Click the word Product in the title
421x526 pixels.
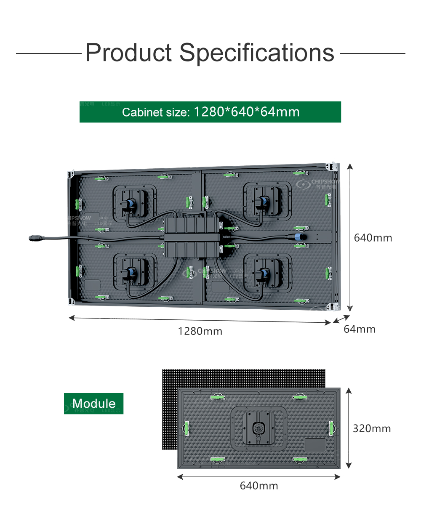[x=129, y=53]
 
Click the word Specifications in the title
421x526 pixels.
[x=257, y=54]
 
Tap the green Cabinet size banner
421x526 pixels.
[x=210, y=112]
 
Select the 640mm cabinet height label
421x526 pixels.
[x=373, y=238]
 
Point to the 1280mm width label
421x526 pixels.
[x=200, y=331]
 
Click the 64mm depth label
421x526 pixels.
[x=360, y=329]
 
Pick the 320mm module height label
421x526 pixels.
[x=372, y=428]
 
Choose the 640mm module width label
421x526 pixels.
[x=259, y=486]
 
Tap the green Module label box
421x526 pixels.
[x=93, y=404]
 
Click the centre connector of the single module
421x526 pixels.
[x=258, y=428]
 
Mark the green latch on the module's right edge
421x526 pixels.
[x=332, y=428]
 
